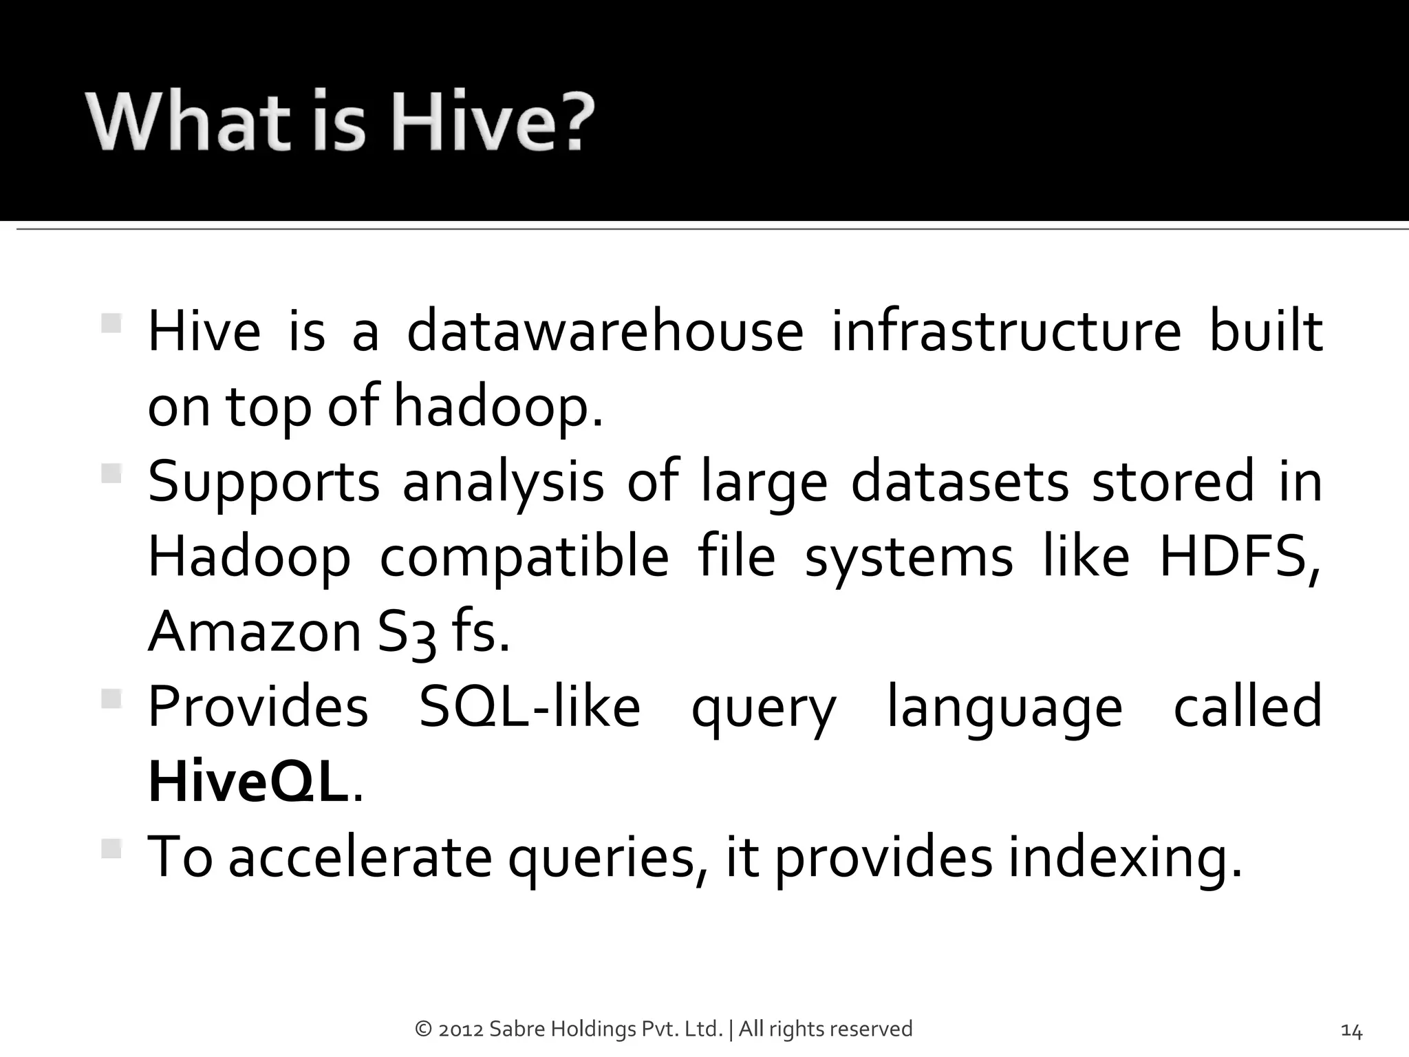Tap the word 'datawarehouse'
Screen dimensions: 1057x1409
[605, 332]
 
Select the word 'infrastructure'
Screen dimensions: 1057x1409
[1006, 332]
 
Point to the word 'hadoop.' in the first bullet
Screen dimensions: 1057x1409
[498, 407]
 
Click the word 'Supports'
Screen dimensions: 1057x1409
[263, 482]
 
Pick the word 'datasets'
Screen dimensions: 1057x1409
[960, 482]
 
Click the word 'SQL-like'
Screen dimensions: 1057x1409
[530, 707]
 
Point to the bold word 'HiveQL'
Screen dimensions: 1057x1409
[248, 782]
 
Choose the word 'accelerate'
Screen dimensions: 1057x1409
[360, 857]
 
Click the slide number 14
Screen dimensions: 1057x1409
[1351, 1031]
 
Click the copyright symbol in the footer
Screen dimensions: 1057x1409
[423, 1029]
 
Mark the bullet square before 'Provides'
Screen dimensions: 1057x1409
[111, 700]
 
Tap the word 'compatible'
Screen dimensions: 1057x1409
[524, 557]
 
